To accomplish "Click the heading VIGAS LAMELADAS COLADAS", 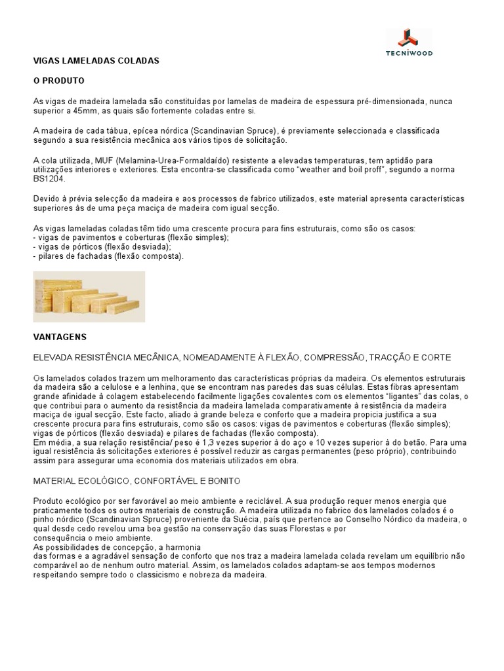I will [96, 60].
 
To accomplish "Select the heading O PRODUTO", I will [60, 81].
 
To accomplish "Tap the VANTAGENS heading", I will [60, 337].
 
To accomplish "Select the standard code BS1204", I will [47, 178].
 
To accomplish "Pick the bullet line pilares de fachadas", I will [108, 256].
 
